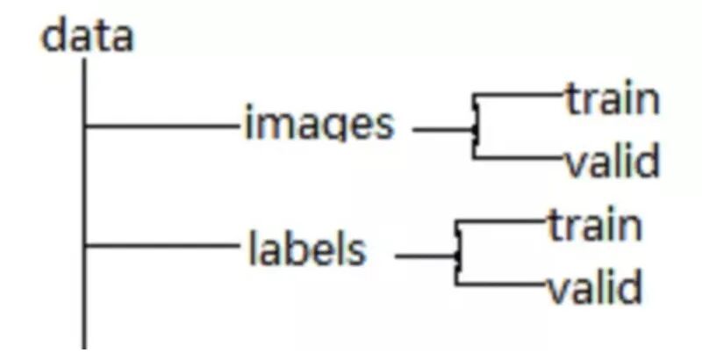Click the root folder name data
tap(88, 37)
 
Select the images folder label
tap(319, 125)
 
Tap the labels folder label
tap(306, 250)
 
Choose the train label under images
tap(612, 99)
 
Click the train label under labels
tap(595, 226)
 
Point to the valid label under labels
tap(594, 288)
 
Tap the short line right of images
tap(443, 132)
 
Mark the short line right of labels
tap(426, 257)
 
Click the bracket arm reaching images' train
tap(518, 95)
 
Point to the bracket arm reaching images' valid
tap(518, 159)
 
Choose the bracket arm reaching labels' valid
tap(500, 284)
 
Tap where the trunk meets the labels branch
tap(85, 247)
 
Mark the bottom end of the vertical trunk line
tap(85, 347)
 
